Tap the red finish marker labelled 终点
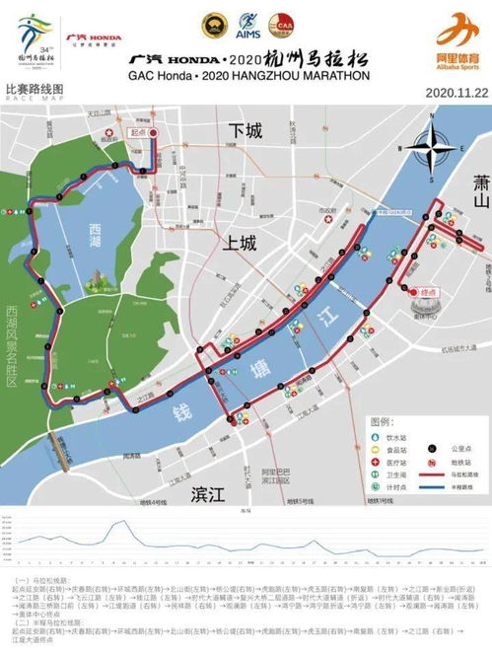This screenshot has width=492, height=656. point(427,293)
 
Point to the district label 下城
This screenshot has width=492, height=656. point(246,131)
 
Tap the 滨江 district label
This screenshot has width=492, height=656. point(211,492)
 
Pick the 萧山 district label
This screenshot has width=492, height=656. point(480,185)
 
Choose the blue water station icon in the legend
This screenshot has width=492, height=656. point(376,436)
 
